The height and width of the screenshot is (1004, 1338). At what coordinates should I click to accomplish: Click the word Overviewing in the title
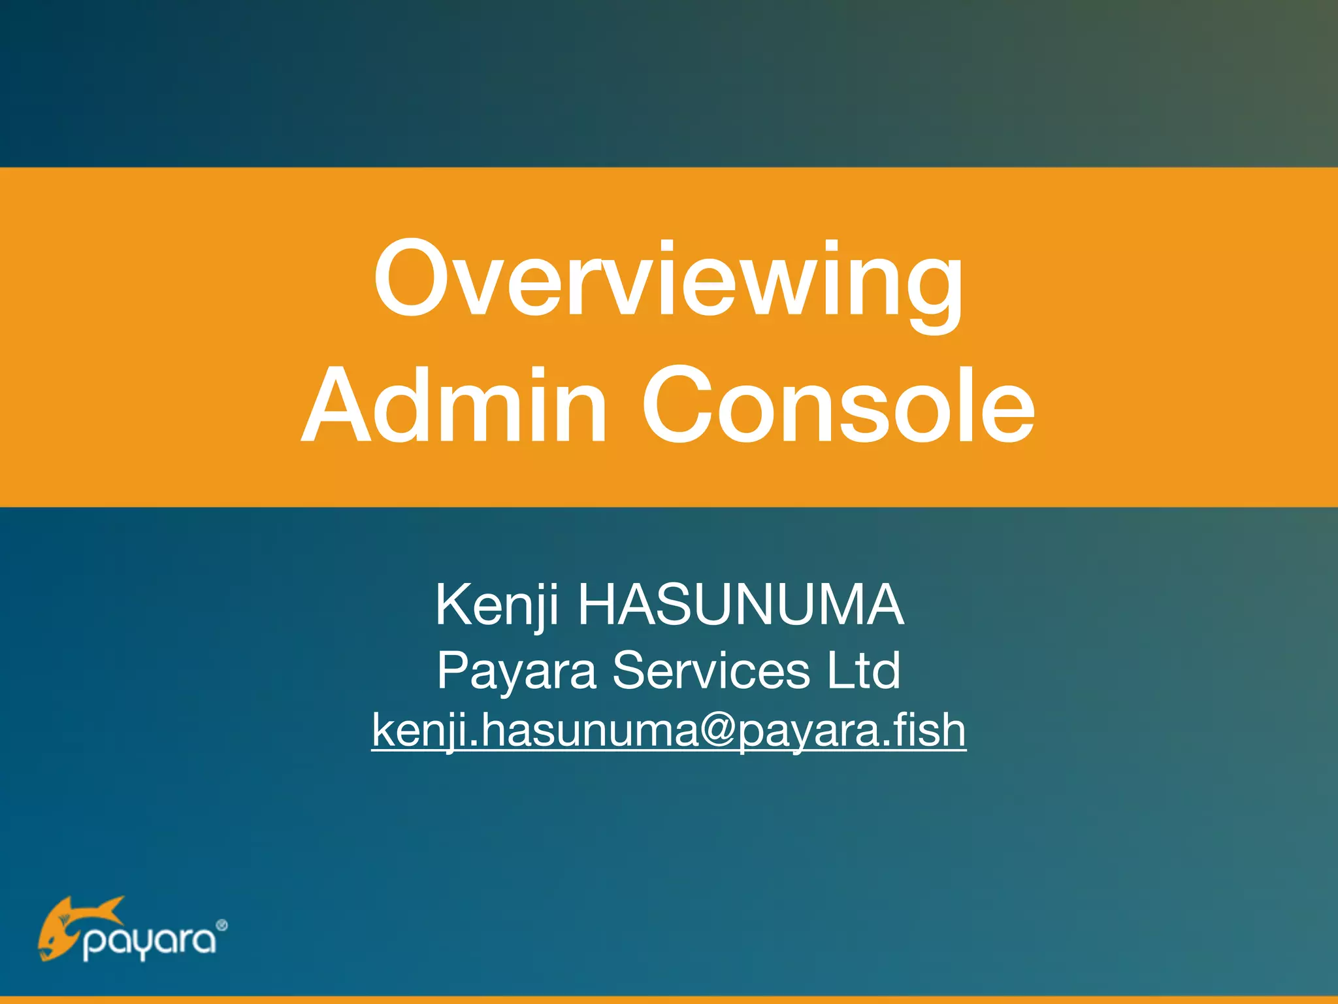pos(668,281)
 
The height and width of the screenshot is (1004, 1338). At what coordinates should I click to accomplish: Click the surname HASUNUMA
pos(740,605)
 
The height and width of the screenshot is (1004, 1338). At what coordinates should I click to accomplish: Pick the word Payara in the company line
pos(516,672)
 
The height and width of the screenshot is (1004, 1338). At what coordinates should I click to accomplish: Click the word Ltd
pos(864,671)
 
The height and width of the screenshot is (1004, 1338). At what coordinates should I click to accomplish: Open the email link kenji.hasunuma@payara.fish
pos(668,731)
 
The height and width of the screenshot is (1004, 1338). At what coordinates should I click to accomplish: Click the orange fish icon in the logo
pos(72,927)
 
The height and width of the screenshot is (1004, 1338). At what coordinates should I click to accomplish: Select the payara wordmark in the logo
pos(149,941)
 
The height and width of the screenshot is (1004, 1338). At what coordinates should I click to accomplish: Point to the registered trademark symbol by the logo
pos(221,925)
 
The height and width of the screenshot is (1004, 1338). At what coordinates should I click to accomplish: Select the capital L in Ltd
pos(840,671)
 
